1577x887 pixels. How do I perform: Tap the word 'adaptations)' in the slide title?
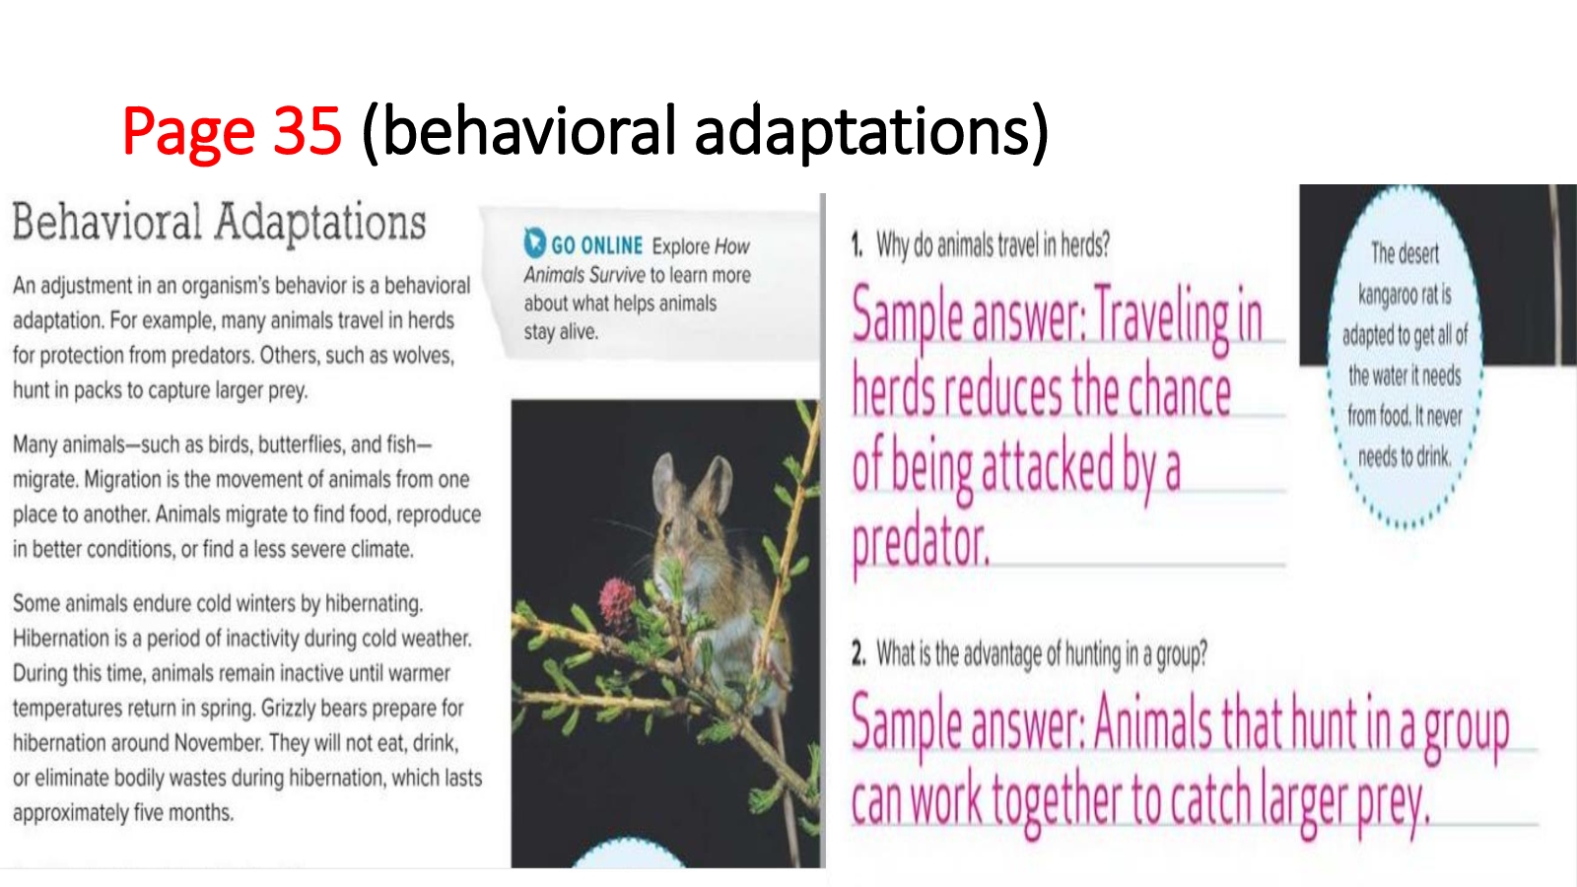[x=871, y=132]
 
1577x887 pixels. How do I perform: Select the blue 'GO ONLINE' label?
[x=596, y=245]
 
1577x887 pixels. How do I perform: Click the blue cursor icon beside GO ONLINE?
[x=534, y=242]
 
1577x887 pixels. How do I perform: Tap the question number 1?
[x=857, y=245]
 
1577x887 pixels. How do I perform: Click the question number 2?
[x=858, y=654]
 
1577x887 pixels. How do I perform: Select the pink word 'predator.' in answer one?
[x=921, y=544]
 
